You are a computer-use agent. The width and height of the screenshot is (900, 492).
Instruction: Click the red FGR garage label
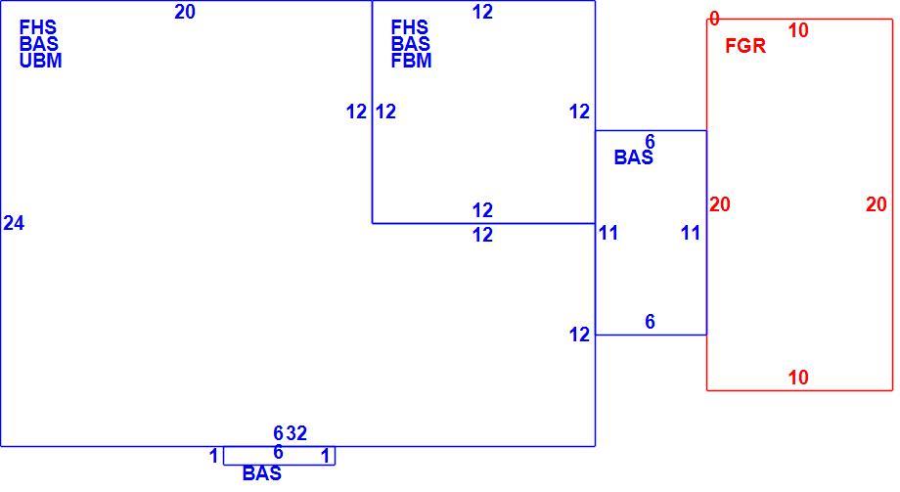[x=745, y=46]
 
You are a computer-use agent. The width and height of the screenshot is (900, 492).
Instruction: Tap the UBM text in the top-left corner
[x=40, y=61]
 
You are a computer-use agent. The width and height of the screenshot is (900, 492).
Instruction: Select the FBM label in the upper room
[x=411, y=61]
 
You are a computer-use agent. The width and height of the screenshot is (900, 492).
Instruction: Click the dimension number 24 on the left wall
[x=14, y=223]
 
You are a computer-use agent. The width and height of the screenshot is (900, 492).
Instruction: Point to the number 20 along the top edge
[x=185, y=12]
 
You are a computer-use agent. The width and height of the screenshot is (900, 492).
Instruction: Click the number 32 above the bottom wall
[x=296, y=433]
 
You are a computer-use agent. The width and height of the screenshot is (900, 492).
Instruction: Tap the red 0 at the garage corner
[x=714, y=19]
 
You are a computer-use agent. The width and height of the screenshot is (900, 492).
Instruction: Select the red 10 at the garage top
[x=798, y=30]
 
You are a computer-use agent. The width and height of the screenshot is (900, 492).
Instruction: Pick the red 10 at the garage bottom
[x=798, y=378]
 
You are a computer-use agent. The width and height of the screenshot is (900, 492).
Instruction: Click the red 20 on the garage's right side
[x=877, y=204]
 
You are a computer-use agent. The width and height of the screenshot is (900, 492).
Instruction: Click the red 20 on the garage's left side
[x=720, y=204]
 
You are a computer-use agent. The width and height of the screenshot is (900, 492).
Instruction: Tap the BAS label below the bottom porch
[x=262, y=473]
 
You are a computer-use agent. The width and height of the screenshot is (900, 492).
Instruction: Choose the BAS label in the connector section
[x=634, y=157]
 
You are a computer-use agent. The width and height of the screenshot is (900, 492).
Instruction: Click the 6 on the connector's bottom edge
[x=650, y=322]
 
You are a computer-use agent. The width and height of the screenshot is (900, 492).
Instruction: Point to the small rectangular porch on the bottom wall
[x=279, y=464]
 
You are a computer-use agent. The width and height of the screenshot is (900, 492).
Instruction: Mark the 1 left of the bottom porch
[x=213, y=457]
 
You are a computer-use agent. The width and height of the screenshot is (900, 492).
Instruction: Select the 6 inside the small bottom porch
[x=279, y=453]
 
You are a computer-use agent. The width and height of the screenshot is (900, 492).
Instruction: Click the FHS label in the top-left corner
[x=38, y=27]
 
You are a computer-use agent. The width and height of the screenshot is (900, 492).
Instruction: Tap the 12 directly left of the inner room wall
[x=356, y=112]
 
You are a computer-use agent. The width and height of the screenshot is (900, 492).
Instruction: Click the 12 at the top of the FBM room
[x=482, y=12]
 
